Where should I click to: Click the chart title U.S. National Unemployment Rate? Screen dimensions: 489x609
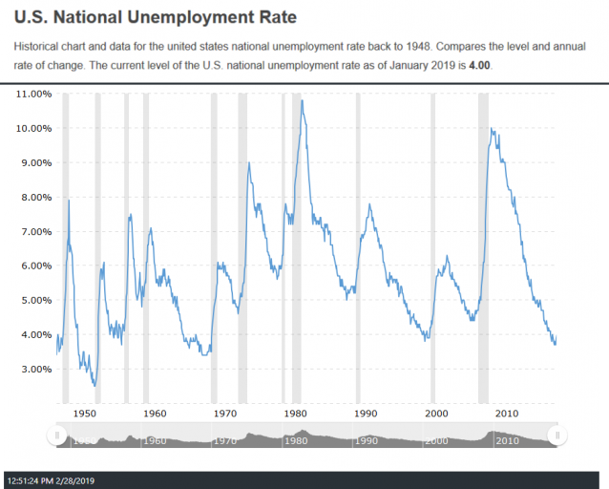tap(155, 17)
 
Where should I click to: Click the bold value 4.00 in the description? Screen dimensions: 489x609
tap(484, 64)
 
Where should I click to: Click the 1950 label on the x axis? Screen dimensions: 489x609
tap(85, 414)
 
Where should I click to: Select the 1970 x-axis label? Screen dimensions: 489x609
tap(225, 414)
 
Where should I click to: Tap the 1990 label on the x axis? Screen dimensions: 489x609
tap(366, 414)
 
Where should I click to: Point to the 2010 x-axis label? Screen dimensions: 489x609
tap(506, 414)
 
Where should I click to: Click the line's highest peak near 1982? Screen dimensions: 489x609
tap(302, 100)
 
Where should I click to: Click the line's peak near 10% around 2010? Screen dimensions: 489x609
tap(491, 129)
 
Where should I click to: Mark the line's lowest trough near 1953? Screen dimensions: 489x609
tap(94, 386)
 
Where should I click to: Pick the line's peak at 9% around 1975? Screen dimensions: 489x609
tap(249, 162)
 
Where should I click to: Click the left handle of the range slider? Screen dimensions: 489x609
tap(57, 436)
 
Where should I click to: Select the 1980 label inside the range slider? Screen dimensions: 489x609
tap(296, 441)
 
